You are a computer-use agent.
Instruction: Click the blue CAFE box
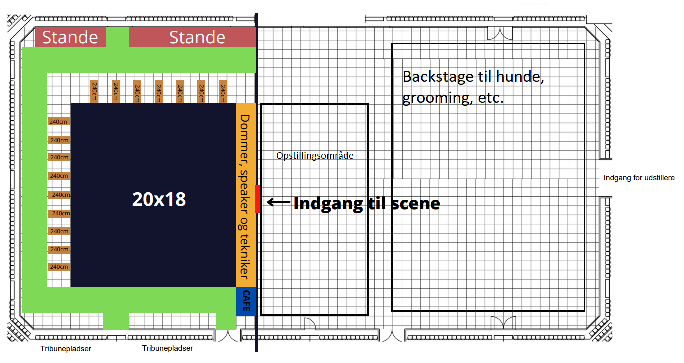coord(246,301)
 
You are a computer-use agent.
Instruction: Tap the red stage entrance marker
coord(257,198)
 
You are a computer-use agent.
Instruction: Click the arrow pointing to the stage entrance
coord(279,202)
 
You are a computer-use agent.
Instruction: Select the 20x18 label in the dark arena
coord(159,199)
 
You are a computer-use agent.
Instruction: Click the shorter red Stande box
coord(70,37)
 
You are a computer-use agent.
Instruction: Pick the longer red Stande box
coord(192,37)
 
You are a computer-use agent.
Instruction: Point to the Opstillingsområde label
coord(315,156)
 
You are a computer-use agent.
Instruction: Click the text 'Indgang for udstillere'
coord(639,178)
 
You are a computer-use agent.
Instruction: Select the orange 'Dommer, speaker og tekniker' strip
coord(246,195)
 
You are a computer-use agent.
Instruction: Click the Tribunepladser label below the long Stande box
coord(167,348)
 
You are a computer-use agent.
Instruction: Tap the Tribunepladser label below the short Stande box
coord(66,349)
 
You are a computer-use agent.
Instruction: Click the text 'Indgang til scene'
coord(366,203)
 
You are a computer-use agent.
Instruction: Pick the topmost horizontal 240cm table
coord(59,122)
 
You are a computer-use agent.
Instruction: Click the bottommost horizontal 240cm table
coord(59,267)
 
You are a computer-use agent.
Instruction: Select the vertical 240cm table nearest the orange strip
coord(223,92)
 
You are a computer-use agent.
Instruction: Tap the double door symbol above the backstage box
coord(500,33)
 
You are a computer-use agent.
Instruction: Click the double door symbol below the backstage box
coord(503,323)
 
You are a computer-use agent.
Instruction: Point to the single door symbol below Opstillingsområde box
coord(310,324)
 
